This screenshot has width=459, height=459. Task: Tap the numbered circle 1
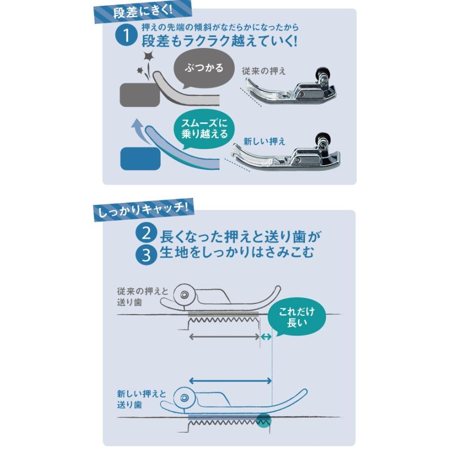pos(124,37)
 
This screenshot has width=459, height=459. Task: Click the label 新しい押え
pos(264,141)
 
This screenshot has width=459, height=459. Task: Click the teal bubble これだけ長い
pos(297,317)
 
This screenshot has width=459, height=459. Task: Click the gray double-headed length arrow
pos(224,337)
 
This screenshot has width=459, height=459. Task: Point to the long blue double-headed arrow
pos(230,380)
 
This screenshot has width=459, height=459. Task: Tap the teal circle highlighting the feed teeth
pos(264,420)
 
